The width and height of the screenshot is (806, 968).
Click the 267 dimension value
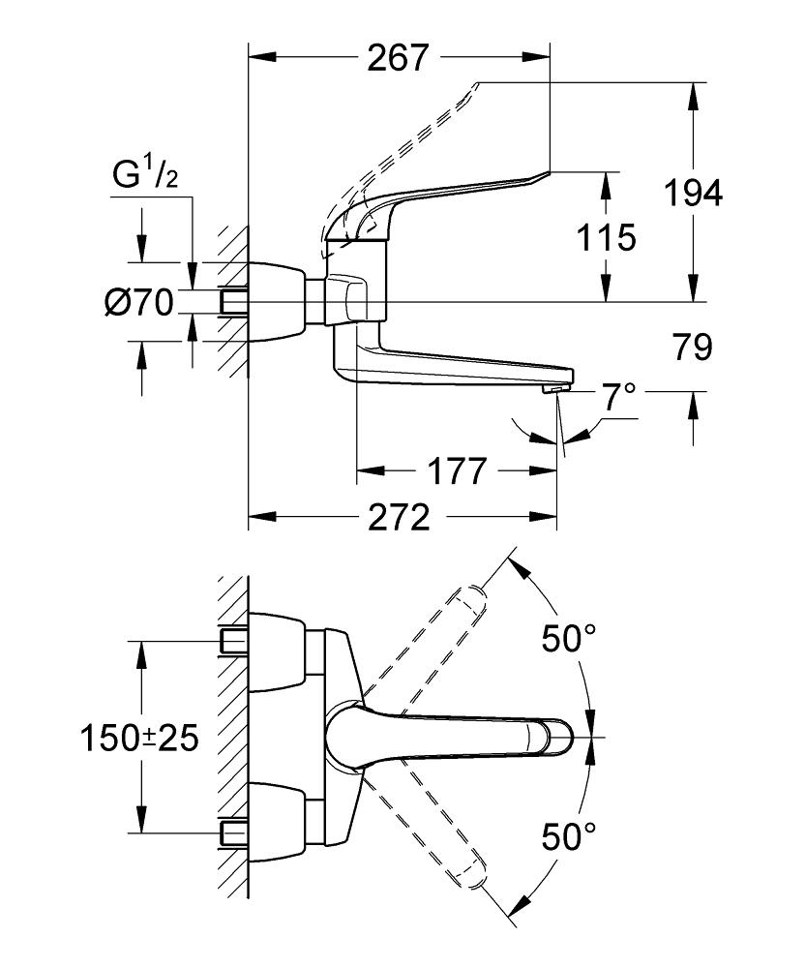(x=397, y=58)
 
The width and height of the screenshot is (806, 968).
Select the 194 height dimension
(x=693, y=194)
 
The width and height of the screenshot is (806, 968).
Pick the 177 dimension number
(x=456, y=472)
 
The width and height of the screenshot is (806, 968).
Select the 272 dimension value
(x=398, y=519)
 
